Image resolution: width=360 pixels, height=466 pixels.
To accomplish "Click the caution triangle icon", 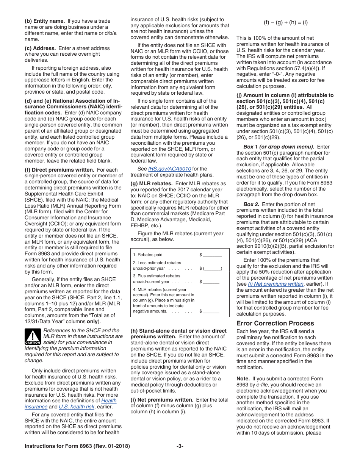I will click(x=33, y=336).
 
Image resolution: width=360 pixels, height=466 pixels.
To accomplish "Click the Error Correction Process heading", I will click(x=275, y=323).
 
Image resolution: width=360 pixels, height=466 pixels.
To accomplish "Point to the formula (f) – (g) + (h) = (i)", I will click(x=286, y=22).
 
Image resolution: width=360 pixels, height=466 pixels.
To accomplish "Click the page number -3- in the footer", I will click(x=180, y=446).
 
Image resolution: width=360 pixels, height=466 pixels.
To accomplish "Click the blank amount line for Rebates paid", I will click(x=213, y=255).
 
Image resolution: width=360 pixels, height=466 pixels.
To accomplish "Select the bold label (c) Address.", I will click(x=41, y=48).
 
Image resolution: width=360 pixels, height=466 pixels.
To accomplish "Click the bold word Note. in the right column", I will click(x=243, y=378).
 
